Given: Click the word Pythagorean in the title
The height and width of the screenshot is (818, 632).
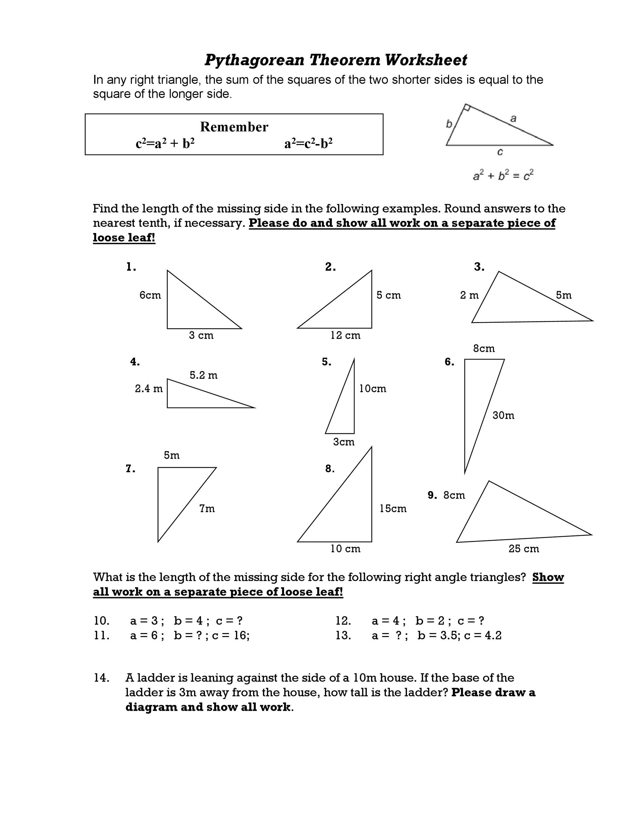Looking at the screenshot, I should click(x=254, y=60).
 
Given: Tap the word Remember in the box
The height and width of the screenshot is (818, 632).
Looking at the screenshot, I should click(x=234, y=127).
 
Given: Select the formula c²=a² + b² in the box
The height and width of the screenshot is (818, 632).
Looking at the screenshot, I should click(x=165, y=143).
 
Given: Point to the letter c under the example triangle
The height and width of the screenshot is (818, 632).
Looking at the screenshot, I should click(x=500, y=152).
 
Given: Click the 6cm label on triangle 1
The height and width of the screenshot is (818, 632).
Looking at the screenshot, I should click(x=150, y=295).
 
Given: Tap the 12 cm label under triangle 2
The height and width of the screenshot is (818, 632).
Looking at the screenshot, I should click(x=345, y=335).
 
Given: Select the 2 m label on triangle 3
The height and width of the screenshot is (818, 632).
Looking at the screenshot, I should click(x=469, y=295).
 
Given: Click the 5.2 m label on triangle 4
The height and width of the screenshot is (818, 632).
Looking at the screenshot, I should click(x=203, y=375).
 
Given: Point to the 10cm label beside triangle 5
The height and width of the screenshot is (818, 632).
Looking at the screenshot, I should click(x=373, y=388).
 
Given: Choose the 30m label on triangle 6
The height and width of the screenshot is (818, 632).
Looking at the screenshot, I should click(x=503, y=415).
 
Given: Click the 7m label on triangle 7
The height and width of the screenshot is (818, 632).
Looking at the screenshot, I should click(x=207, y=508).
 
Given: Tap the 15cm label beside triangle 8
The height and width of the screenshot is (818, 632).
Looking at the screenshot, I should click(x=393, y=508).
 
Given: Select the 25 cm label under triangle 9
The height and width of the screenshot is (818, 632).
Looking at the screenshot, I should click(x=523, y=549).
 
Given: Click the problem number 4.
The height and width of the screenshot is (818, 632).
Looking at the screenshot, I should click(x=135, y=362).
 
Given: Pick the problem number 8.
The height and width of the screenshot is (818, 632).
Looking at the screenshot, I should click(x=329, y=469).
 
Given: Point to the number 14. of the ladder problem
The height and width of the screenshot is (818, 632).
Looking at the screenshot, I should click(x=101, y=678).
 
